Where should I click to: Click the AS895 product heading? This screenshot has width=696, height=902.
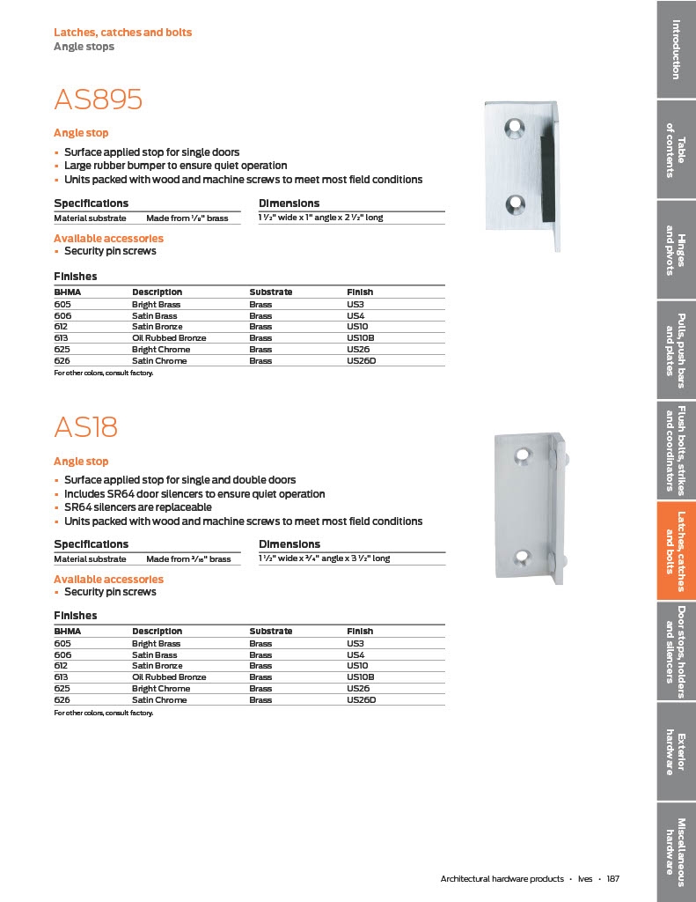tap(98, 100)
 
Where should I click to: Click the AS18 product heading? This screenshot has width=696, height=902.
tap(85, 427)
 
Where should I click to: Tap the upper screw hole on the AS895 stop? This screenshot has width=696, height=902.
tap(512, 128)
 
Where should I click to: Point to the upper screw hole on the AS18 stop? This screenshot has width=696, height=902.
tap(524, 455)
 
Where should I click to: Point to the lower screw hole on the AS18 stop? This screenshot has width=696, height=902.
tap(524, 556)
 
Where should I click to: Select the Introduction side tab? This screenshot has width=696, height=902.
tap(676, 48)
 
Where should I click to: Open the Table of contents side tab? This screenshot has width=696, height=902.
tap(676, 149)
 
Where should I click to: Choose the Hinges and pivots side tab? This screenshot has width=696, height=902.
tap(676, 249)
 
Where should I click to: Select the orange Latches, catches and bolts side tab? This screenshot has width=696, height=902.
tap(676, 551)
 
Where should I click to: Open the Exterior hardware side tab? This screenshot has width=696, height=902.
tap(676, 752)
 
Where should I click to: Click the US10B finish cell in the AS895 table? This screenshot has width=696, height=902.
tap(361, 338)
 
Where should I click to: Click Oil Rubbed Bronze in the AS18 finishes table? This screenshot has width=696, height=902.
tap(169, 677)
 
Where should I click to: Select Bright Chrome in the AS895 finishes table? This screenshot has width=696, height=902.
tap(161, 350)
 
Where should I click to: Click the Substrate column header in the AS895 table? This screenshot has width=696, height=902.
tap(270, 292)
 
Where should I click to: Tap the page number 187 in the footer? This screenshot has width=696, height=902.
tap(613, 879)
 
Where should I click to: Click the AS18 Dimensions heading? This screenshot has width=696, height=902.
tap(289, 544)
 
